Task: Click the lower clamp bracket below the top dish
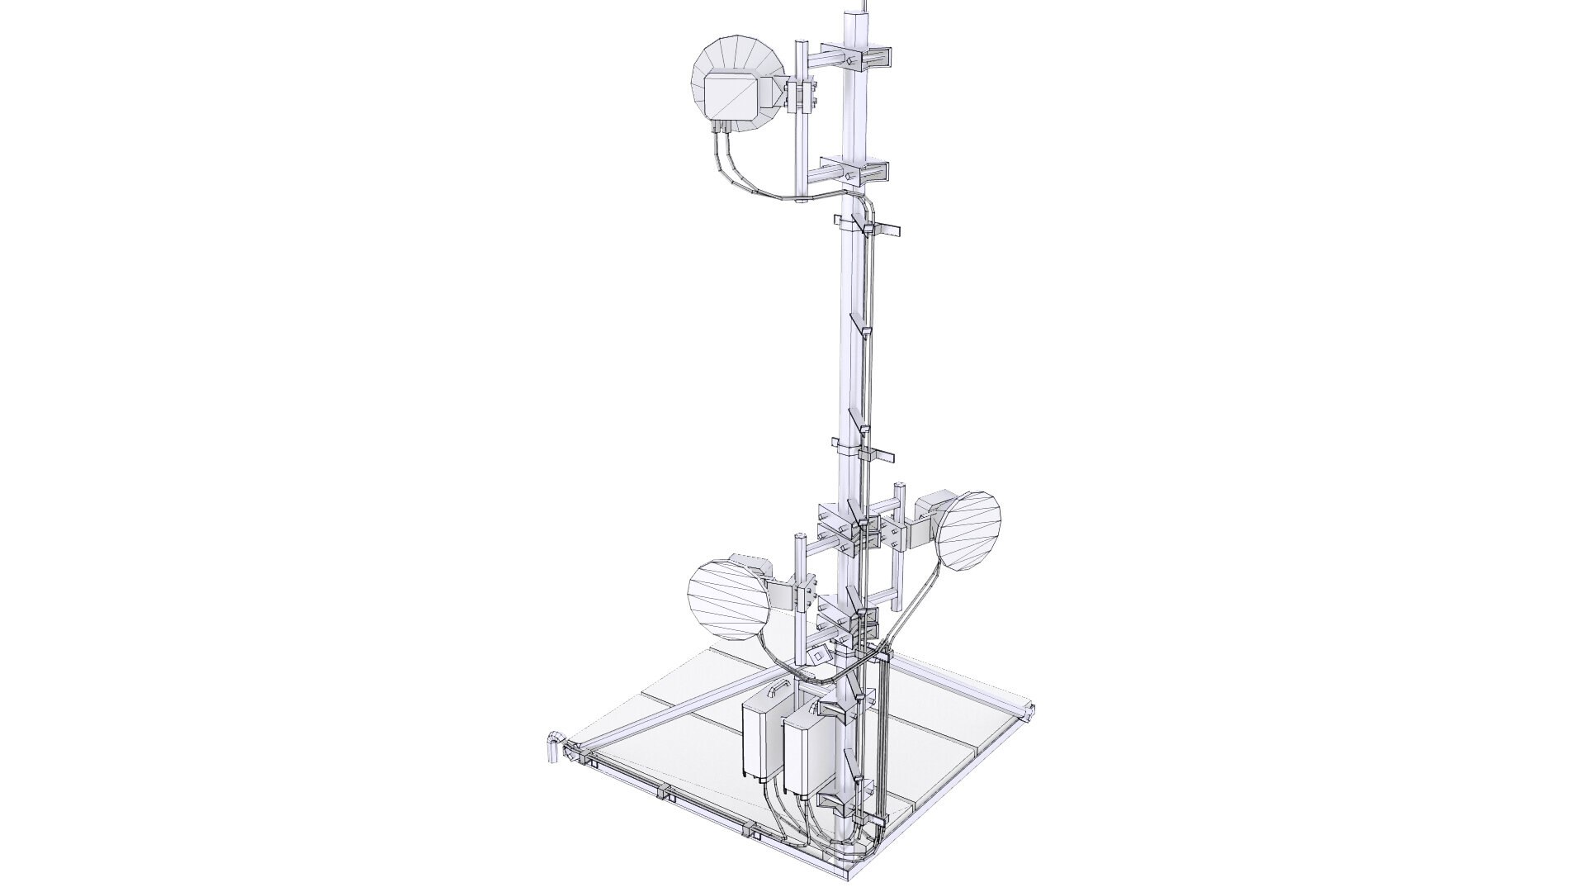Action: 864,173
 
